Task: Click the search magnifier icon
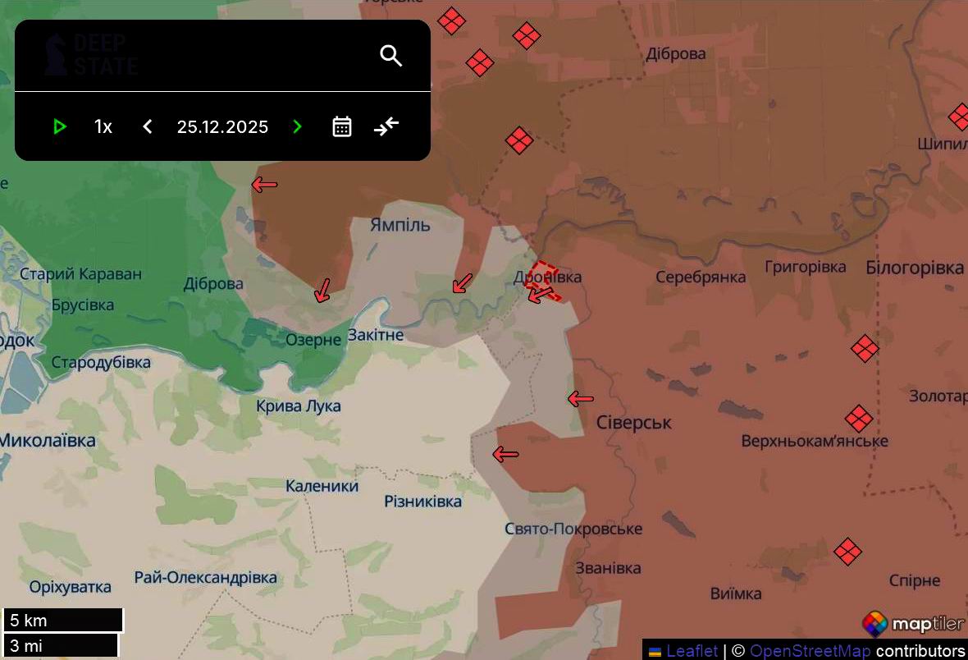point(391,56)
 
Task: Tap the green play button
point(59,126)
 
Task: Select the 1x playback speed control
point(103,126)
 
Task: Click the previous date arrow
point(148,126)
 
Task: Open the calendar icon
point(342,126)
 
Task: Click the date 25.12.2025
point(222,126)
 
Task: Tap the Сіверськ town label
point(634,423)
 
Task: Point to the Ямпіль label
point(400,224)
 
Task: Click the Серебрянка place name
point(701,277)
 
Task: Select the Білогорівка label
point(915,268)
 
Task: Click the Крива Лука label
point(299,406)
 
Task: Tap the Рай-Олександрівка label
point(206,577)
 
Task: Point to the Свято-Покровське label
point(573,529)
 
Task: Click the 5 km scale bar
point(63,620)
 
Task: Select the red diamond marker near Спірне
point(847,551)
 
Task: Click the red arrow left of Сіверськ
point(581,400)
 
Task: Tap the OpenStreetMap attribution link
point(810,651)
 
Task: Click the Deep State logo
point(91,56)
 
